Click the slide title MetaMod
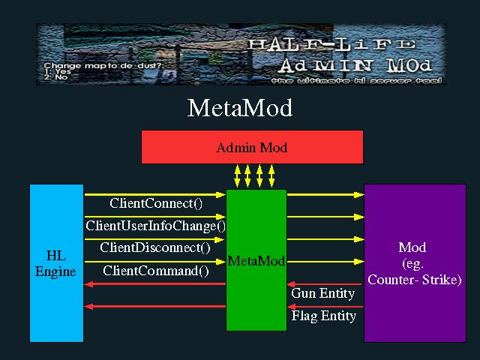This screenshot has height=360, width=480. tap(239, 109)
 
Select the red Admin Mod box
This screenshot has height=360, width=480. tap(252, 147)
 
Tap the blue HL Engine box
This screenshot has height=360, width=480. tap(56, 263)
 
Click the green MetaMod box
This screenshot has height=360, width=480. tap(256, 261)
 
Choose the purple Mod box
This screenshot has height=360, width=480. tap(414, 263)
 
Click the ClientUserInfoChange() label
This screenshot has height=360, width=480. tap(156, 225)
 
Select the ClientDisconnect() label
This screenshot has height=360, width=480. tap(155, 247)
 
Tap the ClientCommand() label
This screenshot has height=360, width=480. tap(156, 271)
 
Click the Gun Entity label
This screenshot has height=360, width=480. tap(324, 294)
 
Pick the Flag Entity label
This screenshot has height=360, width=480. tap(324, 316)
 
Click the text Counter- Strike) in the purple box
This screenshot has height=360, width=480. tap(414, 280)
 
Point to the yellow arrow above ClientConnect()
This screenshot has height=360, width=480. tap(155, 194)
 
